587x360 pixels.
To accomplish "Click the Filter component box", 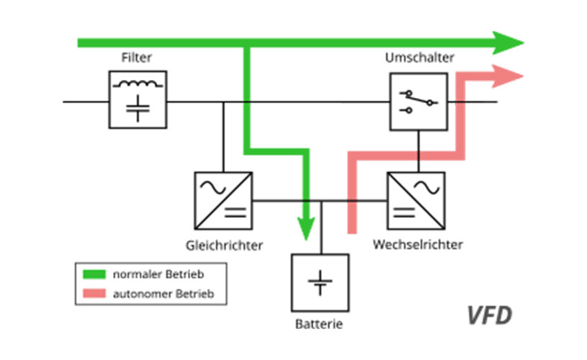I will [138, 99].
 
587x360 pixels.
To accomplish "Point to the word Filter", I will [138, 58].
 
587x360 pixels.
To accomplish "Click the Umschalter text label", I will [418, 58].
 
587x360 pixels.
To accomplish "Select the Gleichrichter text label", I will [224, 246].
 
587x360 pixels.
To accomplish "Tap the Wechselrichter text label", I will [418, 245].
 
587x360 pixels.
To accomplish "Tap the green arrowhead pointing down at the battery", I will [307, 228].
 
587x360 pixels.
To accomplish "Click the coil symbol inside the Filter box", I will [138, 84].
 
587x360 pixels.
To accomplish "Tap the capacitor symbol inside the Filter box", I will [138, 108].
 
